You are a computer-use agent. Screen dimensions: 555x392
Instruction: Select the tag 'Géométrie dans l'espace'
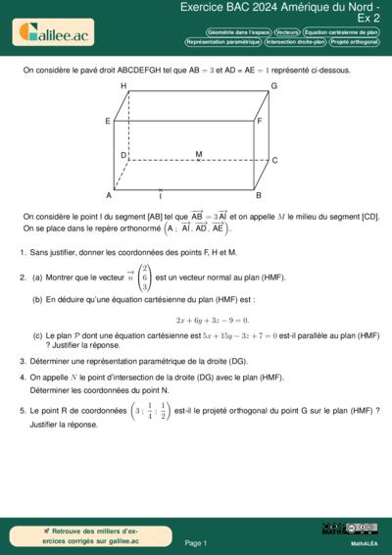[238, 32]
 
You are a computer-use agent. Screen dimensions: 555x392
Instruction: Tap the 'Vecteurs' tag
[287, 32]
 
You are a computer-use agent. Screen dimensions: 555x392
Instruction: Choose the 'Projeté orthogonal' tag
[355, 42]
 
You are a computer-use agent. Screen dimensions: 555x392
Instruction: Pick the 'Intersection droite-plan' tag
[294, 42]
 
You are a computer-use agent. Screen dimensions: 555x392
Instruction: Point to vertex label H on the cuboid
[123, 86]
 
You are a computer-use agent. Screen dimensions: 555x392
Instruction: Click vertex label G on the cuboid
[273, 86]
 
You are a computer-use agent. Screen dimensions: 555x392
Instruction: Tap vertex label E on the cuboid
[107, 121]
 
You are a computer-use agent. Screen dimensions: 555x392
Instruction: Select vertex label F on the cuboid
[260, 122]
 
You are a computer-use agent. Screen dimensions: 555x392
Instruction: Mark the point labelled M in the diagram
[199, 155]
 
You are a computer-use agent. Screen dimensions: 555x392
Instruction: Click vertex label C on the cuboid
[274, 161]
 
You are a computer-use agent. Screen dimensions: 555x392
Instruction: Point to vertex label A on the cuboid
[109, 195]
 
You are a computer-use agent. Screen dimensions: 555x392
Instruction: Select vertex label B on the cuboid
[258, 195]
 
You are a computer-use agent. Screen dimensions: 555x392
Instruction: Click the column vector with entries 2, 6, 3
[145, 277]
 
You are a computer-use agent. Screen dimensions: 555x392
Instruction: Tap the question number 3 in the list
[22, 361]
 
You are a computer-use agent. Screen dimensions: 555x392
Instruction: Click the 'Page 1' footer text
[195, 542]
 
